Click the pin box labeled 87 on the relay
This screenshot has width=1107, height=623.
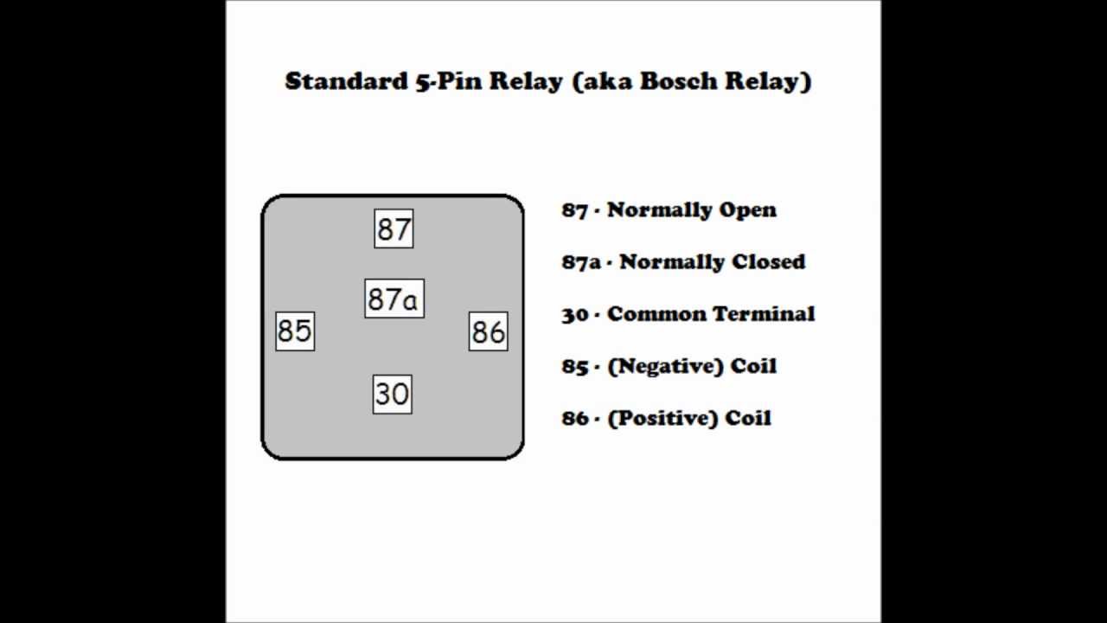pos(394,229)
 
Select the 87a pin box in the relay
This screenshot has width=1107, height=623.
pos(394,299)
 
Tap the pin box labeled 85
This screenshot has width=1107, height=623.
pos(295,331)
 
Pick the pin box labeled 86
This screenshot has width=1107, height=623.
pos(488,331)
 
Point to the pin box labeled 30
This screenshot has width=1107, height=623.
pos(392,394)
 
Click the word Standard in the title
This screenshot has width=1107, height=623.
pos(342,81)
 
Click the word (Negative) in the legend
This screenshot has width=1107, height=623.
pos(665,366)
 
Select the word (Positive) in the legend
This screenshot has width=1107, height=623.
pos(662,418)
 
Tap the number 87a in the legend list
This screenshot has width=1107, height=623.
pos(580,262)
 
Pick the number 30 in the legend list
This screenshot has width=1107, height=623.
pos(575,314)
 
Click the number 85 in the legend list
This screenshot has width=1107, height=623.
pos(575,366)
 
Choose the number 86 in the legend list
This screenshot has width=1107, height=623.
pos(575,418)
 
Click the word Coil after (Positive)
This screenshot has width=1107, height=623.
pos(749,418)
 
